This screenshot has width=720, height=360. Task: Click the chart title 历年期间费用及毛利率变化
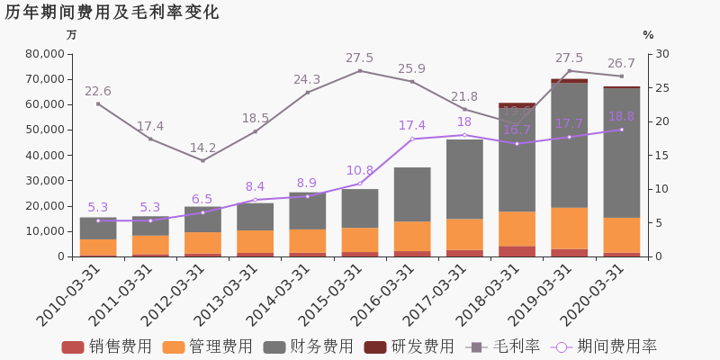[x=112, y=13]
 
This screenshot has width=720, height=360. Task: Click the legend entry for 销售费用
[x=107, y=346]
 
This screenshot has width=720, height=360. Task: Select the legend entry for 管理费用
[x=208, y=346]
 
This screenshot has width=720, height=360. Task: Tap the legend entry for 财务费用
[x=309, y=346]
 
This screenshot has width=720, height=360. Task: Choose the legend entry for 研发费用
[x=409, y=346]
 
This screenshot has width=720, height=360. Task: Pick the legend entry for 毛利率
[x=503, y=346]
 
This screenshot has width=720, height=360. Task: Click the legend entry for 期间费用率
[x=605, y=346]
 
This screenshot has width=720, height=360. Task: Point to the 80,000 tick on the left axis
[x=42, y=54]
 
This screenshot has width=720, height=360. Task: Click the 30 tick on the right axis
[x=661, y=54]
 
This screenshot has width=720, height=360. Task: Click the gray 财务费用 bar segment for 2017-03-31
[x=464, y=179]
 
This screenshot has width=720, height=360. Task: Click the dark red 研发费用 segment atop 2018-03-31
[x=517, y=105]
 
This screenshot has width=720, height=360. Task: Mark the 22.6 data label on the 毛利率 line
[x=98, y=92]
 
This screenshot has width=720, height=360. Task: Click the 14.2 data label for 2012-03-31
[x=202, y=148]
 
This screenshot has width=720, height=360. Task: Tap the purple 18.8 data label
[x=621, y=116]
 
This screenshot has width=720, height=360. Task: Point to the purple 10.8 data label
[x=360, y=170]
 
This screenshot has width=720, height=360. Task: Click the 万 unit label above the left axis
[x=72, y=35]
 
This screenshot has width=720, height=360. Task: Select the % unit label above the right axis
[x=648, y=35]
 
